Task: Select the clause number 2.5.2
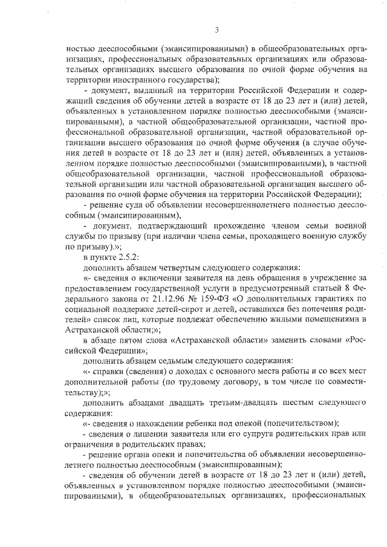tap(128, 257)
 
